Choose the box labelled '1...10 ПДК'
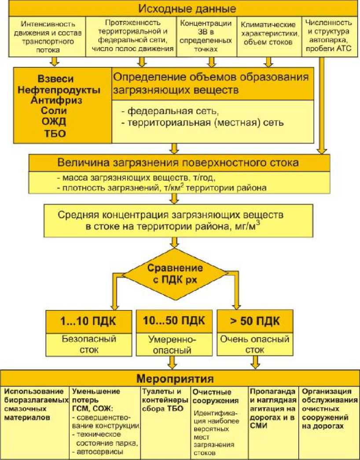point(88,321)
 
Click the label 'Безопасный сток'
point(88,345)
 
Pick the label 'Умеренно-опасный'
point(175,345)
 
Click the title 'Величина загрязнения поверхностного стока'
point(178,162)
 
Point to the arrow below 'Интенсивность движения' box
point(55,62)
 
